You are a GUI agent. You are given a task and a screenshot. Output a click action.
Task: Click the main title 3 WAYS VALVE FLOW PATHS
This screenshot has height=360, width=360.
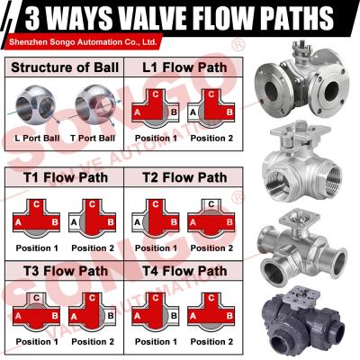[x=180, y=18]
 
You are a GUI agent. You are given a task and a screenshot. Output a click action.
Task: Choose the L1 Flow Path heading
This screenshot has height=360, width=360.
[x=184, y=67]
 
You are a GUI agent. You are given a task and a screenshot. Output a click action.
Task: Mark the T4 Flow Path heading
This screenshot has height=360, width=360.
[x=184, y=271]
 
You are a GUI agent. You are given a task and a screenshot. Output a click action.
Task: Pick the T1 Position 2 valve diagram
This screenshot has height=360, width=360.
[x=94, y=218]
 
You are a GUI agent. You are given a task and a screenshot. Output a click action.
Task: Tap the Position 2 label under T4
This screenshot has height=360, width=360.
[x=213, y=343]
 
